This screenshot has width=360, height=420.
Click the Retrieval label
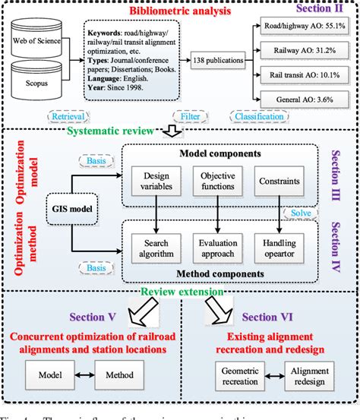point(68,117)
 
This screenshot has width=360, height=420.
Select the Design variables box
point(156,182)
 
